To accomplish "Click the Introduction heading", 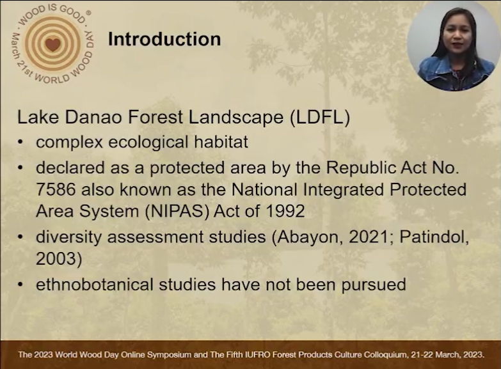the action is (x=164, y=39).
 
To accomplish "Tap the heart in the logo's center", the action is (x=52, y=44).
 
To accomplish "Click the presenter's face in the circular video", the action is (x=457, y=35).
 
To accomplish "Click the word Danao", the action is (x=93, y=117).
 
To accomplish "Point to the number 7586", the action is (x=56, y=189).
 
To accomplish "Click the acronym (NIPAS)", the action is (x=177, y=211).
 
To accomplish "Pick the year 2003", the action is (x=56, y=258).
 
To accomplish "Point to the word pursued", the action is (x=374, y=285).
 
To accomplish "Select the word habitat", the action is (x=221, y=142).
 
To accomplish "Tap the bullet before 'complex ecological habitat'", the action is (x=20, y=143).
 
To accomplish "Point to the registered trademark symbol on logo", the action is (x=88, y=13).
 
